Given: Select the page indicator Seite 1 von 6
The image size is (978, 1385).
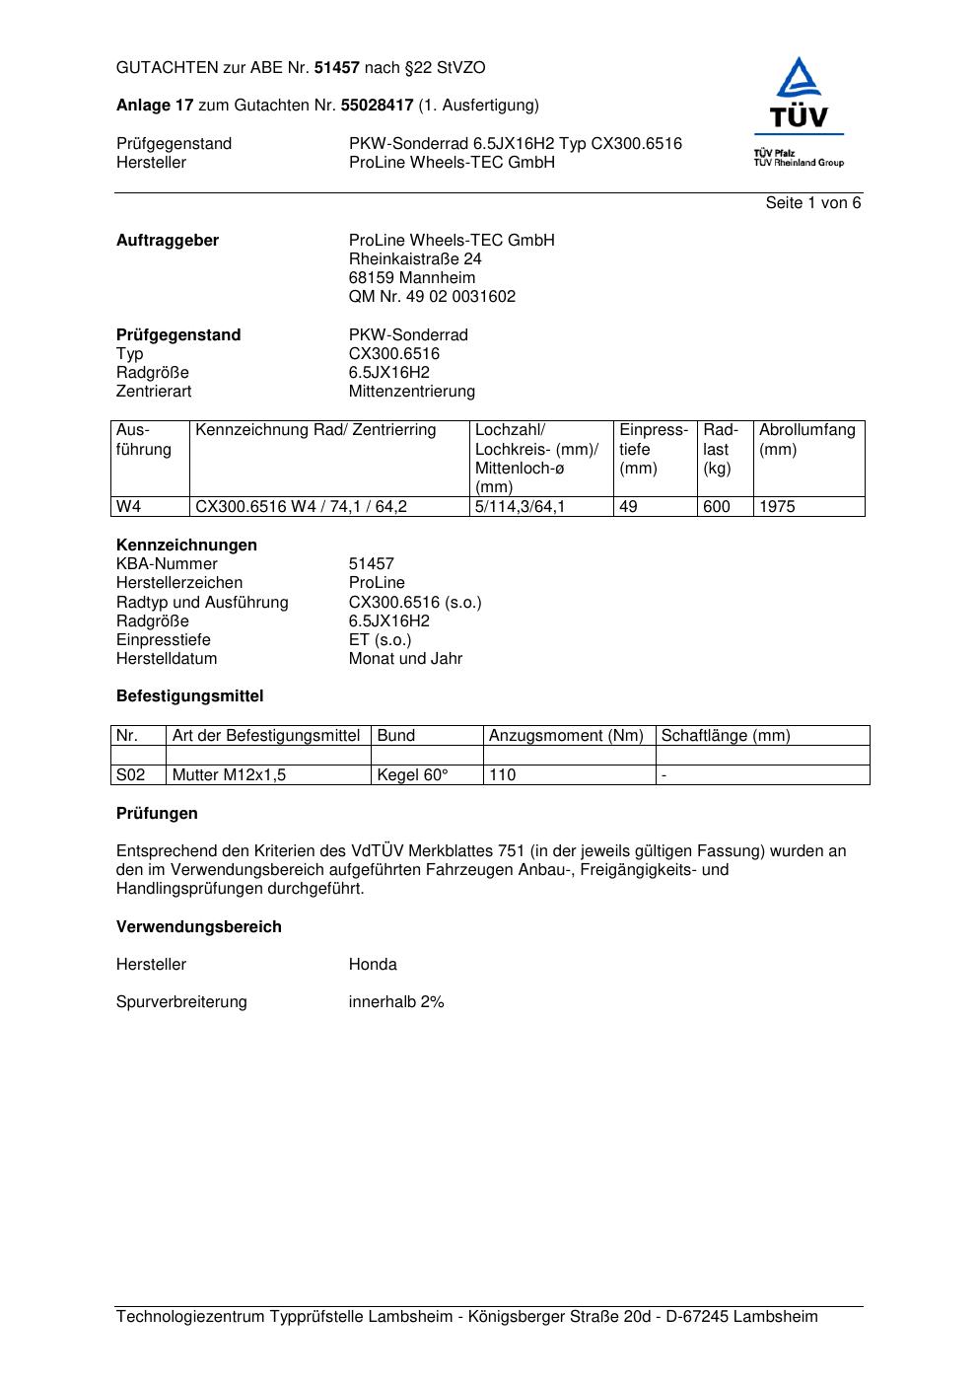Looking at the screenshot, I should (812, 203).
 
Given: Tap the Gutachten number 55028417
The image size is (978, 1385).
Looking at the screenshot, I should (377, 106).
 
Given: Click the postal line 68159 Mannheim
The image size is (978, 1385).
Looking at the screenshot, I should (411, 278).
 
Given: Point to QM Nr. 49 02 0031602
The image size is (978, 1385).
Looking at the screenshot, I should (432, 297).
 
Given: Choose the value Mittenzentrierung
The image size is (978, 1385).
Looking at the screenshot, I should (411, 392).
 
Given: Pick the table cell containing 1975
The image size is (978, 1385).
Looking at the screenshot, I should (777, 507).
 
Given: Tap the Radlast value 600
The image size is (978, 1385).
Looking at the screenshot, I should (717, 507).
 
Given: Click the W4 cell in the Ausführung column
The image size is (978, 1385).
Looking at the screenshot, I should (129, 507).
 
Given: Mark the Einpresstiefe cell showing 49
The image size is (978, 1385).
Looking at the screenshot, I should (628, 507).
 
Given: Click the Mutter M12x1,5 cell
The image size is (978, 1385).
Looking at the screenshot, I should (229, 775).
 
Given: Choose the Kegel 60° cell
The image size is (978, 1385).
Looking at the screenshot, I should (412, 775).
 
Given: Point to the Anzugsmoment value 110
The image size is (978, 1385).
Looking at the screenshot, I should (503, 775).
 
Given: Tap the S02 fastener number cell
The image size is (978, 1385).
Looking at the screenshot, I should (130, 775).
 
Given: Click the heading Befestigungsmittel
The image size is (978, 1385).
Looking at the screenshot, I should (189, 696).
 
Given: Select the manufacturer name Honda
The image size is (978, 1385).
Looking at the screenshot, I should (373, 965).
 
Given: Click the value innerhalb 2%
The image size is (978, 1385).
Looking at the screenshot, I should (396, 1002).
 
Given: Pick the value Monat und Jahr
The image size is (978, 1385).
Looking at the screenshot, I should (405, 659).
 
